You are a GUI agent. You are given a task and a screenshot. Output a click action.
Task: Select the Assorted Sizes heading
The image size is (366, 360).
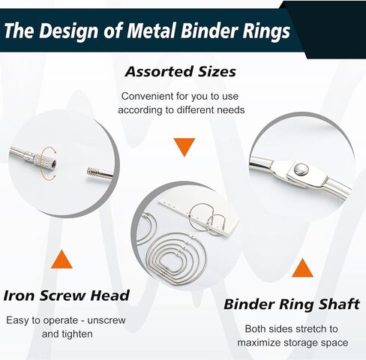(180, 71)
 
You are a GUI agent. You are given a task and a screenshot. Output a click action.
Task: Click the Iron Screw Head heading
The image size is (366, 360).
(66, 295)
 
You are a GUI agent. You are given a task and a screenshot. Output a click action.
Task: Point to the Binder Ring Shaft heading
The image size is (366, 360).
(292, 304)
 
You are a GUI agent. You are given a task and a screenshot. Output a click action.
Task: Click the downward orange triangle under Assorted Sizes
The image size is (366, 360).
(184, 147)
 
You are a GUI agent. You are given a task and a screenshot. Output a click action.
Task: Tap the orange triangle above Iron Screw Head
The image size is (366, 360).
(61, 259)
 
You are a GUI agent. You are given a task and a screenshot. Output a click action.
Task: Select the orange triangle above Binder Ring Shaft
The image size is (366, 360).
(302, 268)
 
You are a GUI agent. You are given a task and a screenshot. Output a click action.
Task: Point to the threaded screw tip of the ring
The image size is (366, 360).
(93, 172)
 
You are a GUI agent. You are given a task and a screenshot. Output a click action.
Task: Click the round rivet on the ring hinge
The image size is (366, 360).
(301, 169)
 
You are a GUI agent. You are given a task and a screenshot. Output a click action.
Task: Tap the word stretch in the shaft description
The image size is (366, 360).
(310, 329)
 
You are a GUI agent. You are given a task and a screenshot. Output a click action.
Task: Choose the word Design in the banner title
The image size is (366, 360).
(70, 31)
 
